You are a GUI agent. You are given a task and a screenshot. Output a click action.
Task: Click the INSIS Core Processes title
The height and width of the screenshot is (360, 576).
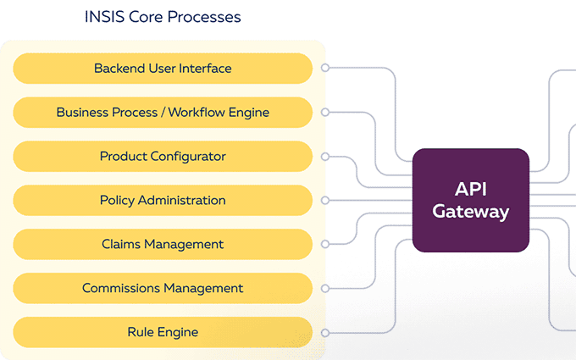pos(163,17)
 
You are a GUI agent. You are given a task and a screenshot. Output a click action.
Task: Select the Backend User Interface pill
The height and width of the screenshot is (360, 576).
pos(163,69)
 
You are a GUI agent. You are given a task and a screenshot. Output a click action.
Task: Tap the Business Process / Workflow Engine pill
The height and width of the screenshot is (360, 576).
pos(163,113)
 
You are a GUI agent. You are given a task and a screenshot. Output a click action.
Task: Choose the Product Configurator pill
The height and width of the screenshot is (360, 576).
pos(163,156)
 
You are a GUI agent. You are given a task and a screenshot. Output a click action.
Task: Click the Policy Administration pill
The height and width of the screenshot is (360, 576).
pos(163,200)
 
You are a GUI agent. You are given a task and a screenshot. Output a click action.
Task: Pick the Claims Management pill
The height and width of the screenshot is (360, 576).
pos(163,244)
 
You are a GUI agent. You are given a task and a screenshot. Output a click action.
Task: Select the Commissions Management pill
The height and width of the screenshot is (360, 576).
pos(163,288)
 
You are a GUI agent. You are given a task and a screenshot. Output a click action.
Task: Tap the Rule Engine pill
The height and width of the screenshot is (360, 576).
pos(163,332)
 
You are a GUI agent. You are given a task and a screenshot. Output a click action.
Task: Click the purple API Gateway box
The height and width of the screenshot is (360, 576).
pos(471,200)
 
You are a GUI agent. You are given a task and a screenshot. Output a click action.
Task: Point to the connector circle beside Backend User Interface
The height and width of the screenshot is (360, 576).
pos(325,68)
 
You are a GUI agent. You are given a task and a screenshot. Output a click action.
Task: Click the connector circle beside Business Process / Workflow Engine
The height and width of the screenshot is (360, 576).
pos(325,112)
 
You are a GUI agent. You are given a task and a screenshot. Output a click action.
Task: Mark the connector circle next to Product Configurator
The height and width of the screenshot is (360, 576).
pos(325,157)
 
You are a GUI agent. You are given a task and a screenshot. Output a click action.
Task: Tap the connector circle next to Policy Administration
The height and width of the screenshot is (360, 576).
pos(325,200)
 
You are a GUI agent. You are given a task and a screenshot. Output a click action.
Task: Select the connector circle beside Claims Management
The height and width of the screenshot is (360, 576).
pos(325,244)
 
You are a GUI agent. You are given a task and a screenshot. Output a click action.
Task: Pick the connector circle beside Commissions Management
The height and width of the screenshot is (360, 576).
pos(325,288)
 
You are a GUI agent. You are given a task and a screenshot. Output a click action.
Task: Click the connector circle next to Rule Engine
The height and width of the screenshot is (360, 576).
pos(325,333)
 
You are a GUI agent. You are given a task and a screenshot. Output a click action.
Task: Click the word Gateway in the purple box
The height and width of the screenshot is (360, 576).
pos(471,212)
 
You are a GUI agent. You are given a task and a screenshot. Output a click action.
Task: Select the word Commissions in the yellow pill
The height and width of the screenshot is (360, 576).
pos(121,288)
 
